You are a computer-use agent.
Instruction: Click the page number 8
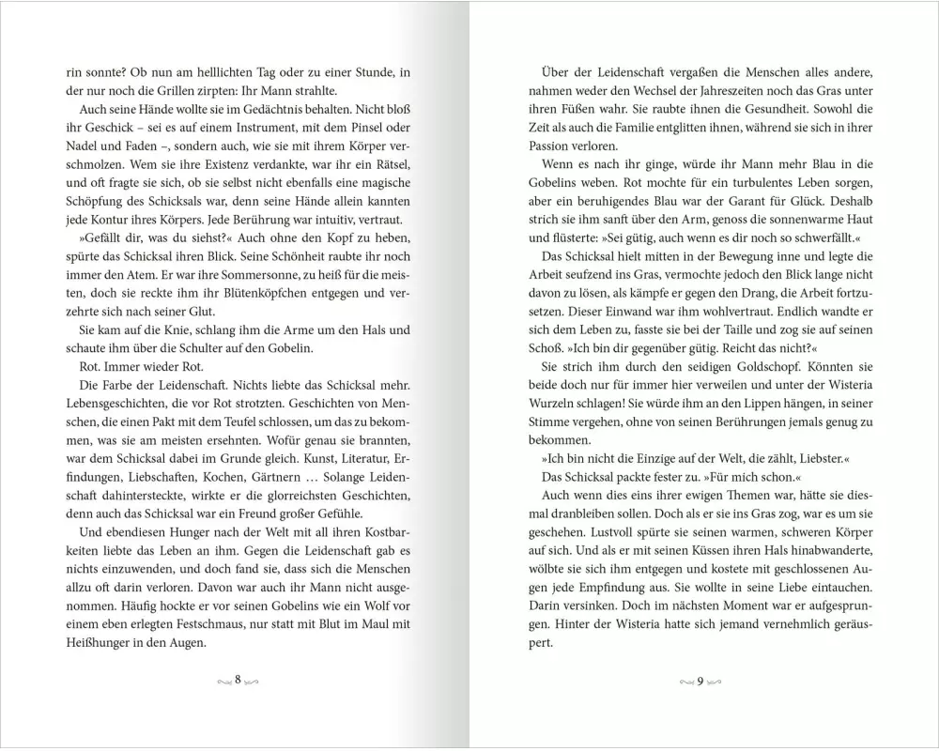click(238, 679)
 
